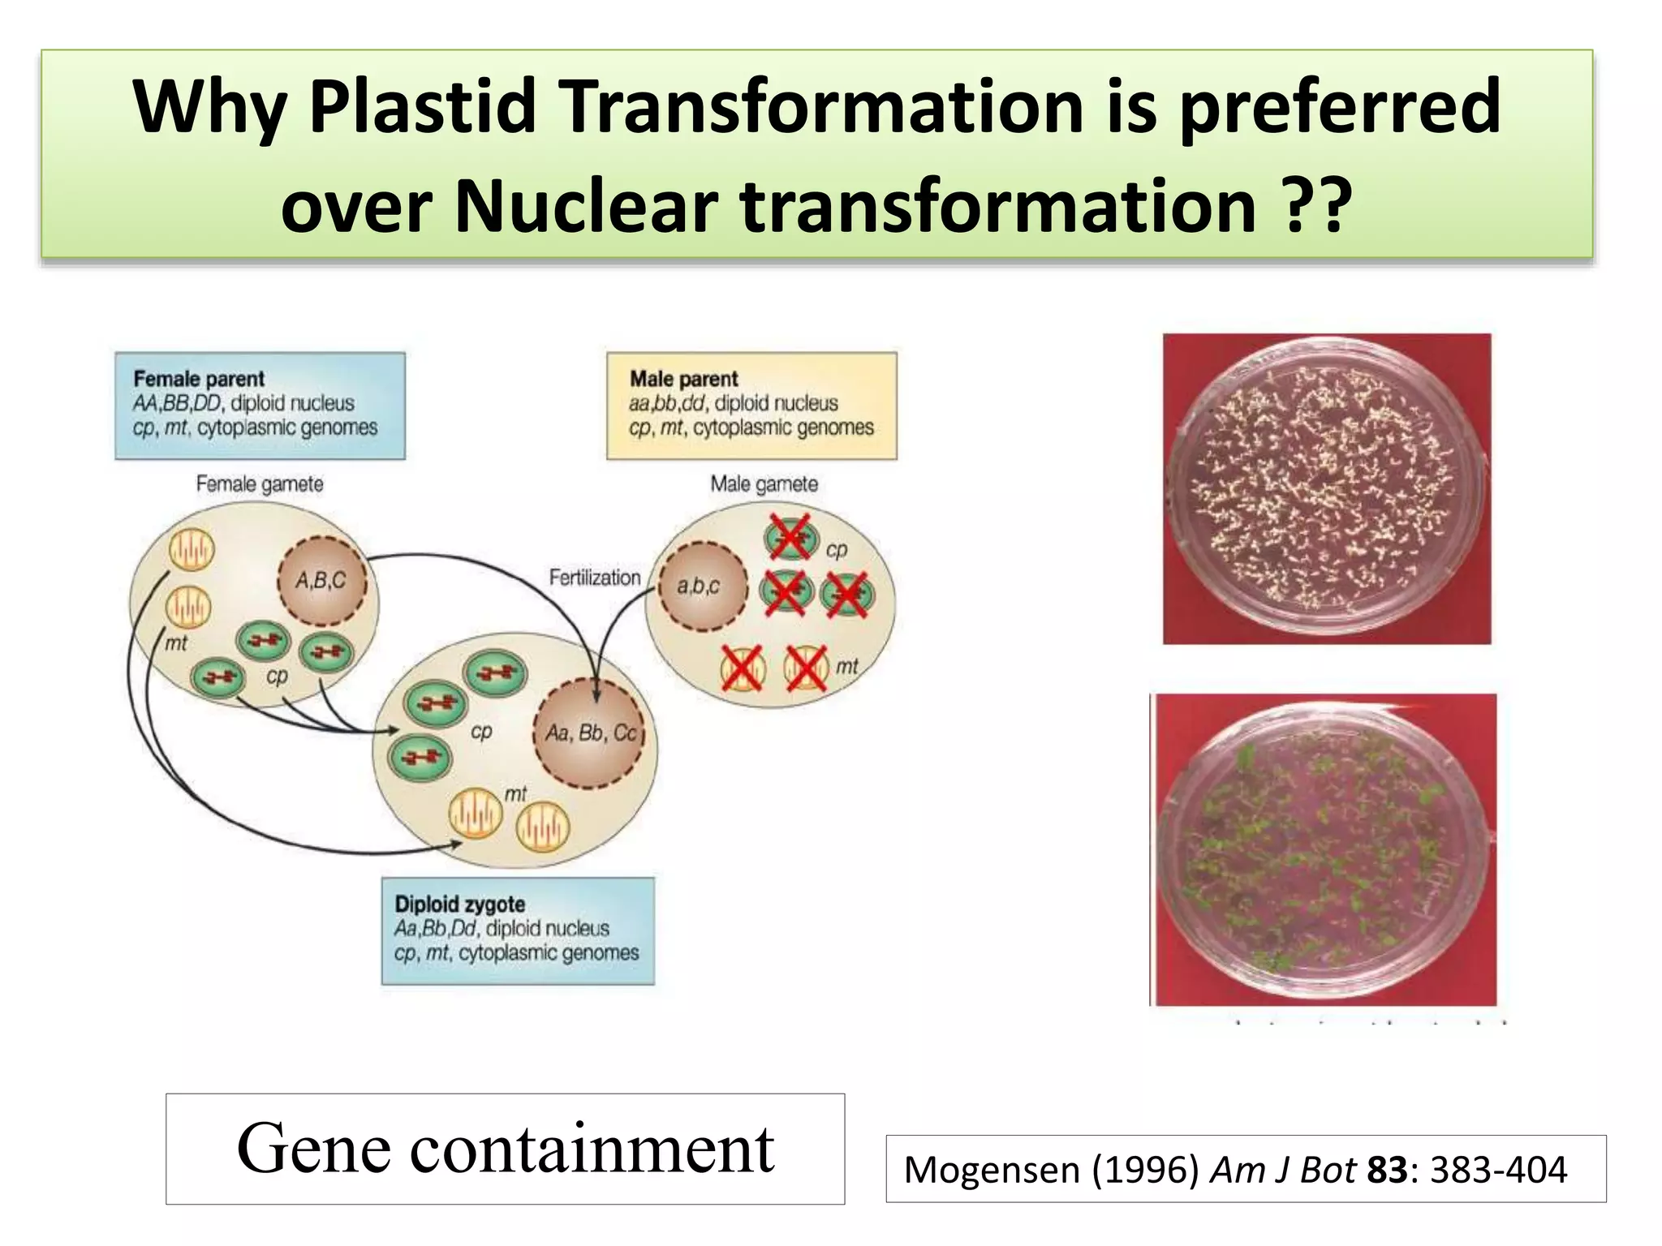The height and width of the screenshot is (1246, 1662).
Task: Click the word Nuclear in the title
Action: pyautogui.click(x=586, y=205)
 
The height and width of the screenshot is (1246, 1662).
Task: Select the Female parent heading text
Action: pyautogui.click(x=199, y=379)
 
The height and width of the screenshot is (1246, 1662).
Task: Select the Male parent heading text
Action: pyautogui.click(x=683, y=379)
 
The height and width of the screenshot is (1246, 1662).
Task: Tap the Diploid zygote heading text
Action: pyautogui.click(x=459, y=904)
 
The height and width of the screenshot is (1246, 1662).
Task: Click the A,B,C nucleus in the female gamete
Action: pyautogui.click(x=322, y=581)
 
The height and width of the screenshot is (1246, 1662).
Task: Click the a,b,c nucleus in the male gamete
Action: pyautogui.click(x=700, y=586)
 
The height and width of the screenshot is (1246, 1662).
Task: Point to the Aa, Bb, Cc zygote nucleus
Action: pyautogui.click(x=590, y=733)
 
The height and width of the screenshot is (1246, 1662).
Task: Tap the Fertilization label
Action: pyautogui.click(x=594, y=578)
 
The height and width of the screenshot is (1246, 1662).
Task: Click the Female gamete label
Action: pyautogui.click(x=260, y=484)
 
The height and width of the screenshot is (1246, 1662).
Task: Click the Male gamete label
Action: pyautogui.click(x=764, y=484)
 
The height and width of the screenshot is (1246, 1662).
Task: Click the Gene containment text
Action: pyautogui.click(x=505, y=1148)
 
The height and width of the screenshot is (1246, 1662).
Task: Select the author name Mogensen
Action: pyautogui.click(x=992, y=1170)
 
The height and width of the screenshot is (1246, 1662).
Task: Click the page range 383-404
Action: pyautogui.click(x=1498, y=1170)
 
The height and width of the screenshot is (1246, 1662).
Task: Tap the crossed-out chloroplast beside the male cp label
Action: pyautogui.click(x=790, y=536)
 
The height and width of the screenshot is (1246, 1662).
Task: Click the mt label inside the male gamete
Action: pyautogui.click(x=846, y=666)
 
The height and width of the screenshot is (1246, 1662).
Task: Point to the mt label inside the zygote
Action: pyautogui.click(x=515, y=793)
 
